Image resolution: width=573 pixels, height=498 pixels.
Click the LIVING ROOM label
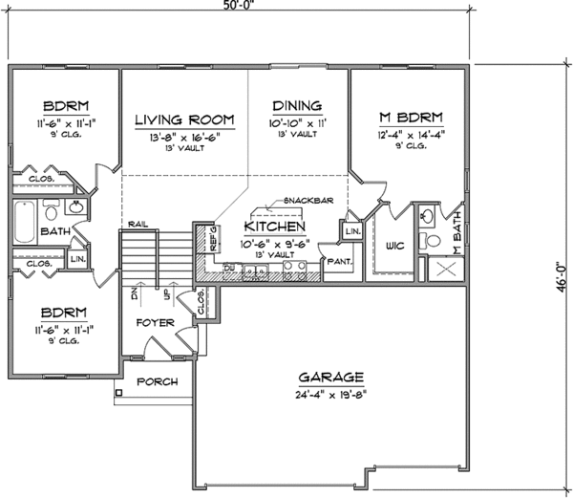(x=184, y=119)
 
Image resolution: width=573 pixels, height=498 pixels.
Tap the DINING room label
(x=297, y=107)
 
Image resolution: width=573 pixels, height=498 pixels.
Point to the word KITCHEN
(x=275, y=227)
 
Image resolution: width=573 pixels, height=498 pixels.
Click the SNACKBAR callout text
(x=306, y=201)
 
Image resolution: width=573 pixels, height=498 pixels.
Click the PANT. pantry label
(x=339, y=260)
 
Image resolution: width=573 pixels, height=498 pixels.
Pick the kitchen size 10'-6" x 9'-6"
(x=275, y=242)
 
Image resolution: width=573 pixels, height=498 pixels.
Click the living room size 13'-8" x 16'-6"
(x=184, y=137)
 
